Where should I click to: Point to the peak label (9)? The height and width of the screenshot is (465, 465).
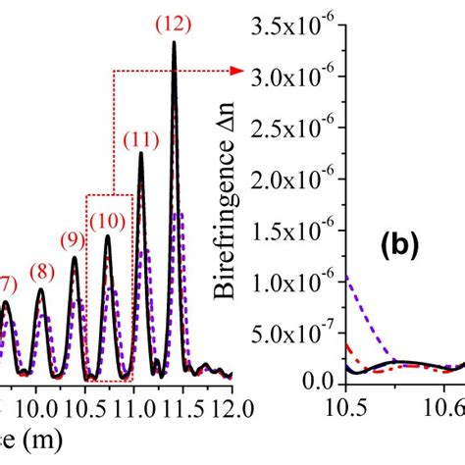pos(73,238)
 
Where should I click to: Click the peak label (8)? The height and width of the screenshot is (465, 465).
pos(40,272)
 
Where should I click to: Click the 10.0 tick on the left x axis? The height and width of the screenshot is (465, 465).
pos(37,404)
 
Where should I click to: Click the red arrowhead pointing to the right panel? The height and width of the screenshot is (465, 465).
pos(238,71)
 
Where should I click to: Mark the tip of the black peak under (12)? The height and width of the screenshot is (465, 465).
pos(175,42)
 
